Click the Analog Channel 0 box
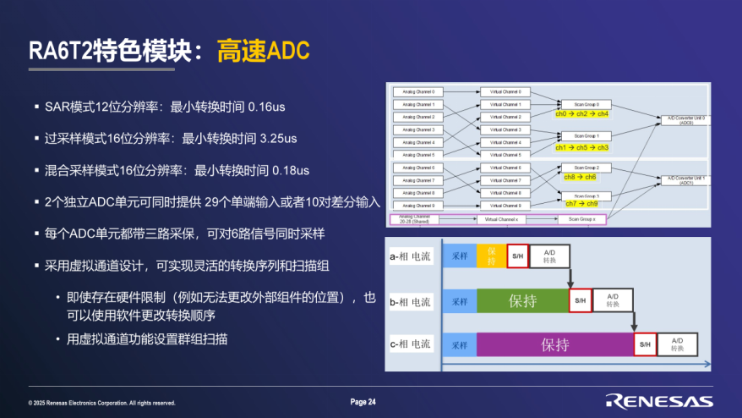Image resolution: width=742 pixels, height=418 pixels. (418, 91)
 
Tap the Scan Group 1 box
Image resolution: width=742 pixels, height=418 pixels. (587, 135)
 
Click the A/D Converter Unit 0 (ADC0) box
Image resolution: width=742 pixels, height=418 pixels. (681, 119)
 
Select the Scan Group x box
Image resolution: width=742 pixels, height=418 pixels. (581, 219)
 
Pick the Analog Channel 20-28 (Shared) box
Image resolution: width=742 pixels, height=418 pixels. (416, 219)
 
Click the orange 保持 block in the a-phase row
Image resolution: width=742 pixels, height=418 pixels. (491, 256)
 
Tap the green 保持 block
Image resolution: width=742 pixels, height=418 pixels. (522, 300)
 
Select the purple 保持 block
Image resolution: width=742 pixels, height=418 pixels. (554, 344)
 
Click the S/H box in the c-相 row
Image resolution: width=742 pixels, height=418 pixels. (645, 344)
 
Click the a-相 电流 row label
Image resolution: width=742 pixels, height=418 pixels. (411, 256)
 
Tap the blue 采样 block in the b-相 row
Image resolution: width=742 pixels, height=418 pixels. (460, 301)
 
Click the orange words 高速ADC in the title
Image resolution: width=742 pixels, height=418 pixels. (263, 50)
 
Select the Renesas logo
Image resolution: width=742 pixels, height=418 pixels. (658, 401)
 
